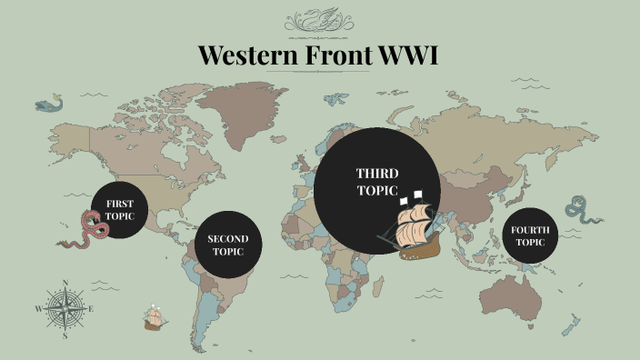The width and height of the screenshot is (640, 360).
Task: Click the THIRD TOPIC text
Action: click(x=376, y=181)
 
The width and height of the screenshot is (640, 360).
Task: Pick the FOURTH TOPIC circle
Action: click(x=529, y=235)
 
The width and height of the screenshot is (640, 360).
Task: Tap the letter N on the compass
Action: click(x=65, y=283)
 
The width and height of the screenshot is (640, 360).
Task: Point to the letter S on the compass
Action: click(x=65, y=335)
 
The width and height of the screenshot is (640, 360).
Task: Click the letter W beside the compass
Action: click(x=38, y=309)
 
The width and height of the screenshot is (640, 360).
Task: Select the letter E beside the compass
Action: click(x=92, y=309)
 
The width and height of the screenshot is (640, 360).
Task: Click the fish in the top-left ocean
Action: click(x=48, y=105)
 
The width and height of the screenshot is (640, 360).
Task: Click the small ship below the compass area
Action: click(x=155, y=318)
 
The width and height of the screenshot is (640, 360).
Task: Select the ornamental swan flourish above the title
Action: click(x=319, y=20)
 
